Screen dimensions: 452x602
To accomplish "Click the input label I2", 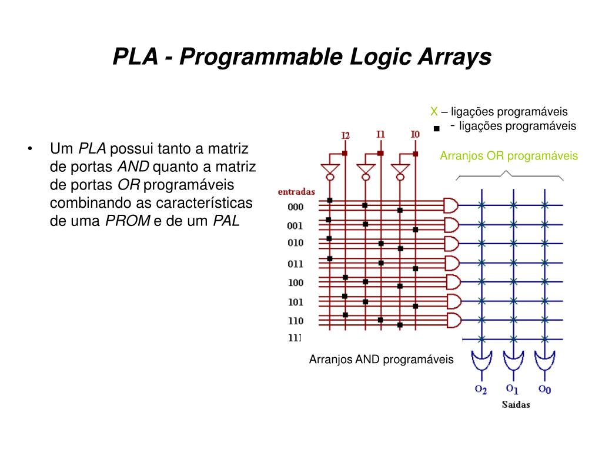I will pos(345,136).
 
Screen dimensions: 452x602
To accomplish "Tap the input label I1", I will pos(380,134).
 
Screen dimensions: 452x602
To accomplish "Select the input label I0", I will pos(415,134).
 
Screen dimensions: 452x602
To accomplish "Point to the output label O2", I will pos(480,390).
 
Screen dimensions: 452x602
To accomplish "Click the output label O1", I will pos(512,389).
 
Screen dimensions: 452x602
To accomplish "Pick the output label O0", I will pos(544,389).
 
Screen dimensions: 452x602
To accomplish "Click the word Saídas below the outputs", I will pos(515,404).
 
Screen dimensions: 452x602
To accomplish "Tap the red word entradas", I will pos(296,191).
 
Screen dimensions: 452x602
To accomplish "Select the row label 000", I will pos(296,207).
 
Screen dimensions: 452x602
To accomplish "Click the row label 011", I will pos(296,264).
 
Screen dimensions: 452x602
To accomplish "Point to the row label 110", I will pos(296,321).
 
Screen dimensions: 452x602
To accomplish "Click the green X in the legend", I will pos(434,111).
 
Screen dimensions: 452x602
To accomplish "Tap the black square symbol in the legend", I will pos(436,128).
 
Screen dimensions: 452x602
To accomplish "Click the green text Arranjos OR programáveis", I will pos(509,156).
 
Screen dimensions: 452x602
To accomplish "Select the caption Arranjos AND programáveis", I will pos(382,359).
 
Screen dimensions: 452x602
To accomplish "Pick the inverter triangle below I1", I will pos(366,169).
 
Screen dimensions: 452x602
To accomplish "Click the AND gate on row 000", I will pos(451,205).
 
